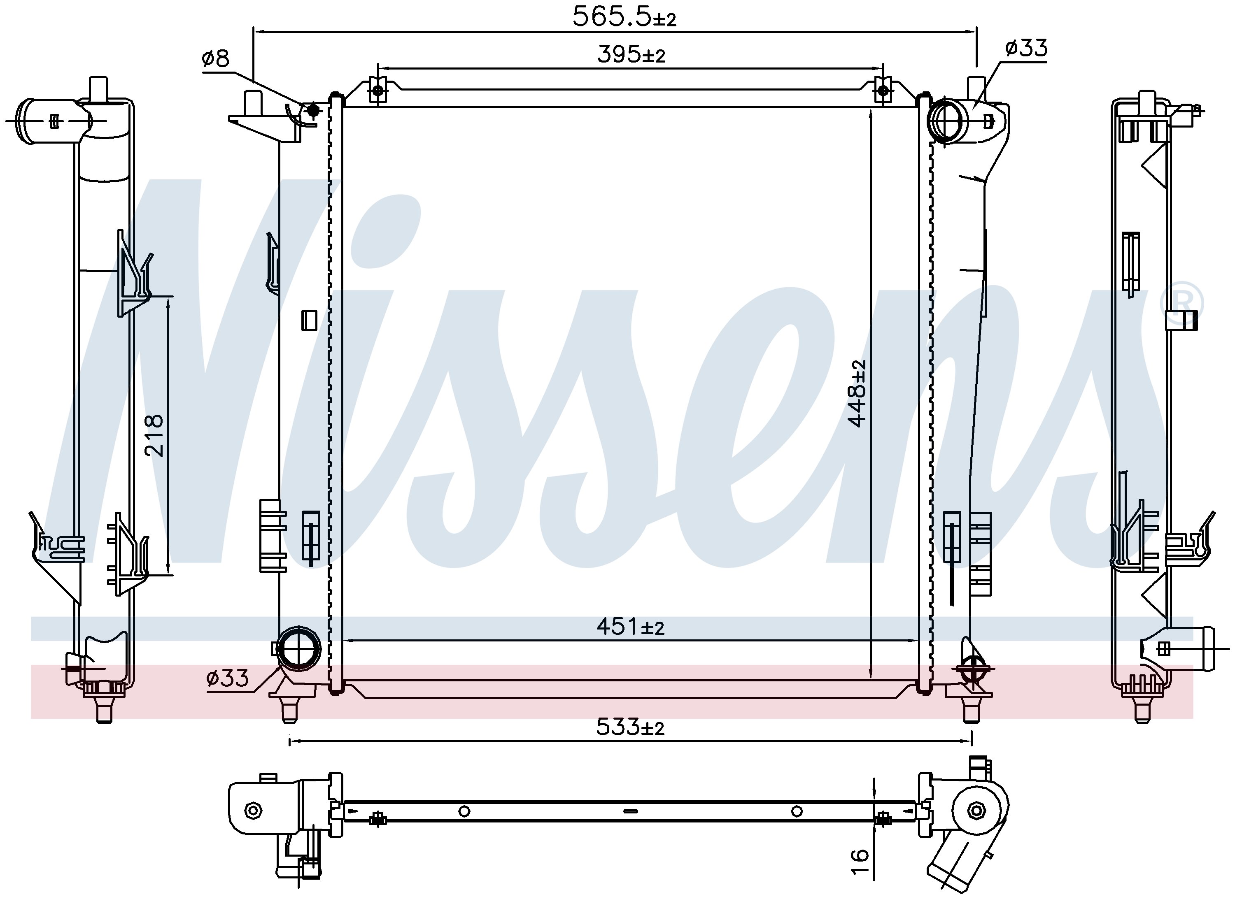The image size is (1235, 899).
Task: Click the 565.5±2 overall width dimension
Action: [624, 17]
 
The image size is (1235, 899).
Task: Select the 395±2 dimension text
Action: [631, 55]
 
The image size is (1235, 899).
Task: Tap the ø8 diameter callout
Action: [216, 58]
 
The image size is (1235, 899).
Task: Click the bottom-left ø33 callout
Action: [228, 678]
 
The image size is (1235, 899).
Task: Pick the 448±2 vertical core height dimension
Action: [857, 393]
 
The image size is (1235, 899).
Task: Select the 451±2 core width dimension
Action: [631, 627]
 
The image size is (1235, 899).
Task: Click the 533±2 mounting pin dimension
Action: [631, 727]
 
